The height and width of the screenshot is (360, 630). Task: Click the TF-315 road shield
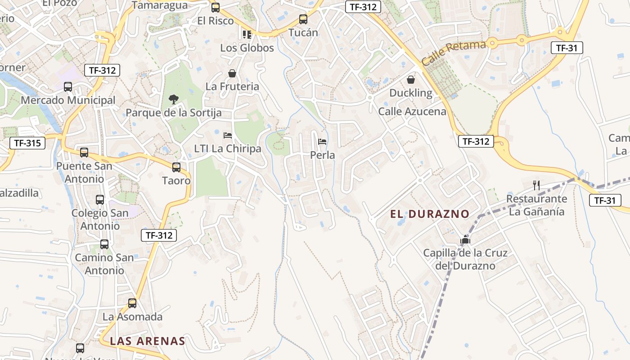pyautogui.click(x=27, y=144)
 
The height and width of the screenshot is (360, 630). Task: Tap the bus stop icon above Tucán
pyautogui.click(x=303, y=19)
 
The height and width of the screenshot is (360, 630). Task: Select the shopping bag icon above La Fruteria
pyautogui.click(x=232, y=73)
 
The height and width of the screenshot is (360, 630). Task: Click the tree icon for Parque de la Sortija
pyautogui.click(x=173, y=99)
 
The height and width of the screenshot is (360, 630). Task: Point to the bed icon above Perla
pyautogui.click(x=322, y=142)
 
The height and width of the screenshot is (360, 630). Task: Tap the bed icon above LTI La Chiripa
pyautogui.click(x=228, y=135)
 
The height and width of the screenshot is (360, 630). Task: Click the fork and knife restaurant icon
pyautogui.click(x=536, y=185)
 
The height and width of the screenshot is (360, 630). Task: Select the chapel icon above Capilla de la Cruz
pyautogui.click(x=465, y=240)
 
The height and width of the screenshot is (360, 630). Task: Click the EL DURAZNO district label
pyautogui.click(x=430, y=214)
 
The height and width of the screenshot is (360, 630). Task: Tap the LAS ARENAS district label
pyautogui.click(x=148, y=341)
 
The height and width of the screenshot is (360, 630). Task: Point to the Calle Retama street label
pyautogui.click(x=454, y=53)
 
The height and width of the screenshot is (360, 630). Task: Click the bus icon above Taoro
pyautogui.click(x=176, y=167)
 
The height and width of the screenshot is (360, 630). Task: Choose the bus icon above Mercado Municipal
pyautogui.click(x=68, y=87)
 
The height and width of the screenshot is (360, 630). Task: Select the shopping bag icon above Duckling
pyautogui.click(x=411, y=80)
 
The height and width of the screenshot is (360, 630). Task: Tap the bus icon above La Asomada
pyautogui.click(x=132, y=303)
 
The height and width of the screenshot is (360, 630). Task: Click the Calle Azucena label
pyautogui.click(x=412, y=112)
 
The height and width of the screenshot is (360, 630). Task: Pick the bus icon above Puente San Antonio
pyautogui.click(x=84, y=153)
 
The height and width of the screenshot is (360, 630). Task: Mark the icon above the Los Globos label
pyautogui.click(x=247, y=34)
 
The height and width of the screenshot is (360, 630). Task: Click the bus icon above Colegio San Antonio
pyautogui.click(x=100, y=200)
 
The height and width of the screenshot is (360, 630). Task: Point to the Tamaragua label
pyautogui.click(x=160, y=5)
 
